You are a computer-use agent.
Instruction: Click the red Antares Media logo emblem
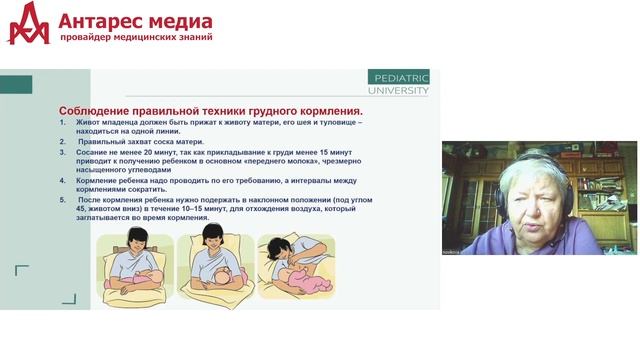coord(28,23)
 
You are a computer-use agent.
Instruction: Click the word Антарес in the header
coord(101,19)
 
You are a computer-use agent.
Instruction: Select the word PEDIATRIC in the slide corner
coord(399,77)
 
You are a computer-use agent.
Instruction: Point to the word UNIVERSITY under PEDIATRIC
coord(399,90)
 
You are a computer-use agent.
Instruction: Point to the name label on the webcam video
coord(455,251)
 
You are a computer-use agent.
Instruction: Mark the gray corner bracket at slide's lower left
coord(21,271)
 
